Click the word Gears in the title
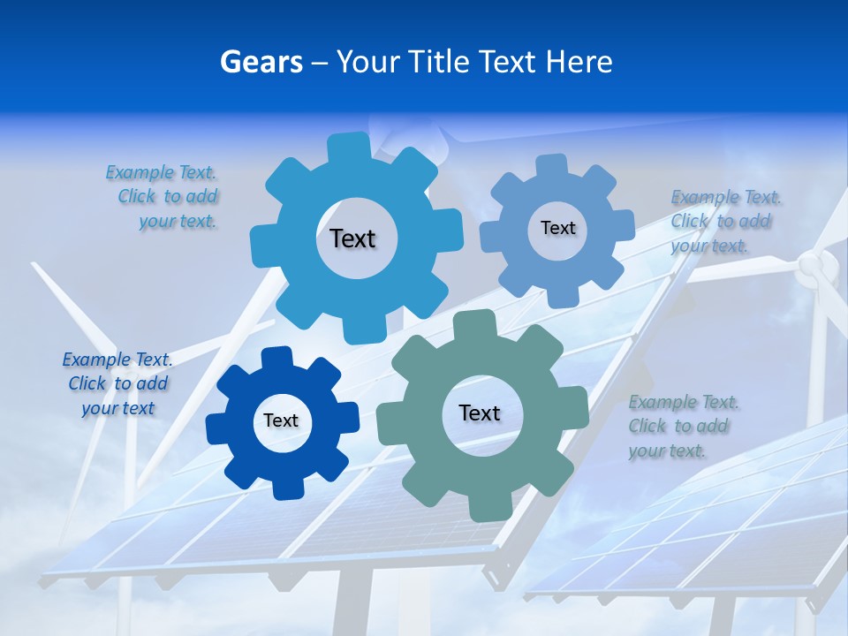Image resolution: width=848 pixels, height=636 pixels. coord(261,62)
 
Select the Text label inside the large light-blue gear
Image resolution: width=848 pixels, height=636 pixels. coord(352,238)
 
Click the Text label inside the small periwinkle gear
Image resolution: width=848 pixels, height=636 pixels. coord(557,228)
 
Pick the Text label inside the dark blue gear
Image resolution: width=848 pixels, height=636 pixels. coord(281,420)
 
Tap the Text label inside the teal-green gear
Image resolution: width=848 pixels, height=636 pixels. coord(480,413)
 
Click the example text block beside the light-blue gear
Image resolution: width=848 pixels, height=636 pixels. coord(163,197)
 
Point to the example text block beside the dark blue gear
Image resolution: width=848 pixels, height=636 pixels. coord(117,383)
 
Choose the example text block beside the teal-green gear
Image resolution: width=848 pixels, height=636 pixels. coord(681,426)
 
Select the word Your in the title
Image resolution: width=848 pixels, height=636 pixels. coord(367,62)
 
